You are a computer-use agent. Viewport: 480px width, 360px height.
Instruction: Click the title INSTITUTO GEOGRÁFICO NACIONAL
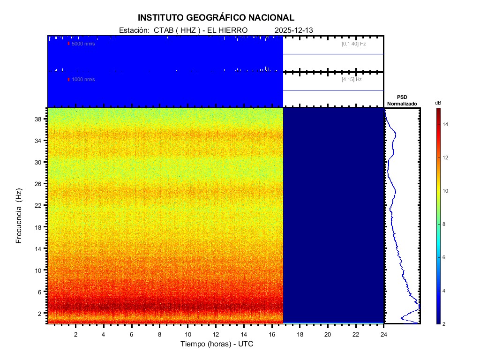coord(216,18)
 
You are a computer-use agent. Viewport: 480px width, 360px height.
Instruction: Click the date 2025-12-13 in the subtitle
coord(294,30)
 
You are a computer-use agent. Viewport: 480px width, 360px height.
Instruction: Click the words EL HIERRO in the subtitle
coord(227,30)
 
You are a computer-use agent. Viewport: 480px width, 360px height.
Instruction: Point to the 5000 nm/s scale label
coord(83,44)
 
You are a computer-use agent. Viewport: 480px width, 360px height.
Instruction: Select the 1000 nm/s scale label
coord(83,80)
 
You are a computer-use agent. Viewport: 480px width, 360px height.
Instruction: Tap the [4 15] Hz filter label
coord(352,80)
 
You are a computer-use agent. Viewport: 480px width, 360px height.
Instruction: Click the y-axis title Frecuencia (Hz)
coord(19,216)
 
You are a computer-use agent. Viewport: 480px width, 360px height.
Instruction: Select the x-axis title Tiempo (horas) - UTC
coord(217,344)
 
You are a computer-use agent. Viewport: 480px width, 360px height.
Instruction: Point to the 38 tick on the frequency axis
coord(40,119)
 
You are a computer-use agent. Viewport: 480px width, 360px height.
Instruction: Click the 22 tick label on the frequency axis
coord(40,205)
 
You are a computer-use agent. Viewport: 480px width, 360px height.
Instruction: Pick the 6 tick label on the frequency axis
coord(42,292)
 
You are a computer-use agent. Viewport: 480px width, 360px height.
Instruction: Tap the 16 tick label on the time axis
coord(272,334)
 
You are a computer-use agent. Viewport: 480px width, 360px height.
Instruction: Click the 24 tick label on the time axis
coord(384,334)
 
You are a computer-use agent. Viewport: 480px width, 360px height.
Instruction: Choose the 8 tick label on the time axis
coord(160,334)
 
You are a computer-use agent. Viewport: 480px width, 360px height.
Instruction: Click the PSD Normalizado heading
coord(402,100)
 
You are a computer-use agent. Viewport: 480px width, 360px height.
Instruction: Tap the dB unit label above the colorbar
coord(438,103)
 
